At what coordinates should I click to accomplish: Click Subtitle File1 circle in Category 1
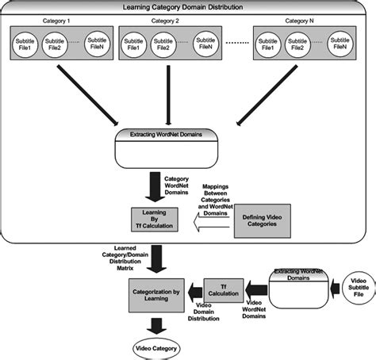tap(27, 41)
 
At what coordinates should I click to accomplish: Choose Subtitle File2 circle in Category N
tap(301, 41)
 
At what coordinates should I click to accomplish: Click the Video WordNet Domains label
tap(252, 308)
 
